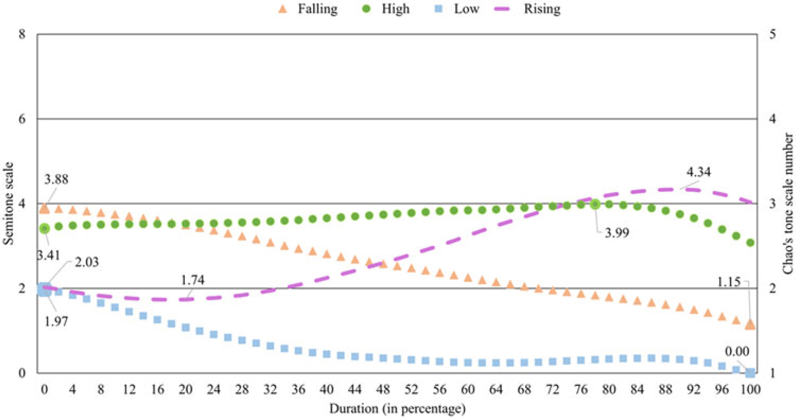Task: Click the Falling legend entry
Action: click(308, 9)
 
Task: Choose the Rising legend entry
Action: click(531, 9)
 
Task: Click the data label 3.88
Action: click(56, 180)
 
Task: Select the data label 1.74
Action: click(192, 280)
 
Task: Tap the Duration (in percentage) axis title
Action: click(398, 409)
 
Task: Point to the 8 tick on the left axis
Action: click(22, 34)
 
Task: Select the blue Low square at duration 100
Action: click(750, 373)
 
